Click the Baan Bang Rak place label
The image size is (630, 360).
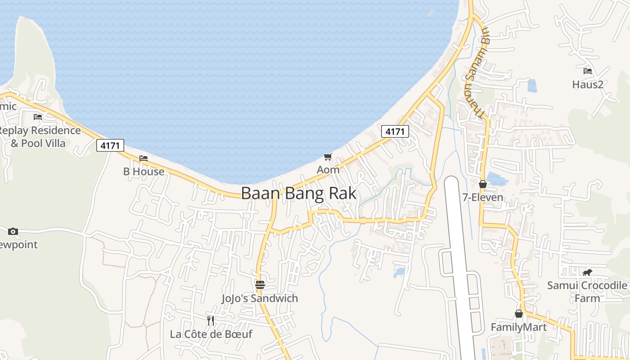[x=299, y=193]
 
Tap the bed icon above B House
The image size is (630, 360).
[x=144, y=158]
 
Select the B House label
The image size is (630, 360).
[x=144, y=171]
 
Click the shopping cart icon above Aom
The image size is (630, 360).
[x=328, y=157]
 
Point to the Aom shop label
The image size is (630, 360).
[x=328, y=170]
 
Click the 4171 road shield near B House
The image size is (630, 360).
[x=110, y=145]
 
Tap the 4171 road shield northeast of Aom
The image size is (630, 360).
[x=395, y=131]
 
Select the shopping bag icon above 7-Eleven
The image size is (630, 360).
[x=483, y=184]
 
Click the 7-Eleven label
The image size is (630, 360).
[x=483, y=197]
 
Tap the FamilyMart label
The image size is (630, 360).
[x=518, y=327]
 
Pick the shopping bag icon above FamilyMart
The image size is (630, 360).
[x=519, y=314]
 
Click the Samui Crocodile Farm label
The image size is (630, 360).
[x=587, y=292]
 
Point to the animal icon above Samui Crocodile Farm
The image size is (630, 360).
[x=587, y=272]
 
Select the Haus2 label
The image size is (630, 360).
[x=587, y=84]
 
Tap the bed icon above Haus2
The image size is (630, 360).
[x=587, y=71]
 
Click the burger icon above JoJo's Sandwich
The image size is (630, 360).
[x=260, y=285]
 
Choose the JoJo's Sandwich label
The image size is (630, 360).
[x=260, y=298]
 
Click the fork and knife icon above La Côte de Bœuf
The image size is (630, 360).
[x=211, y=320]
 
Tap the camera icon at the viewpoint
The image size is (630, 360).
[x=13, y=231]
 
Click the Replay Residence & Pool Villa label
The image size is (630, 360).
[x=39, y=137]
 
